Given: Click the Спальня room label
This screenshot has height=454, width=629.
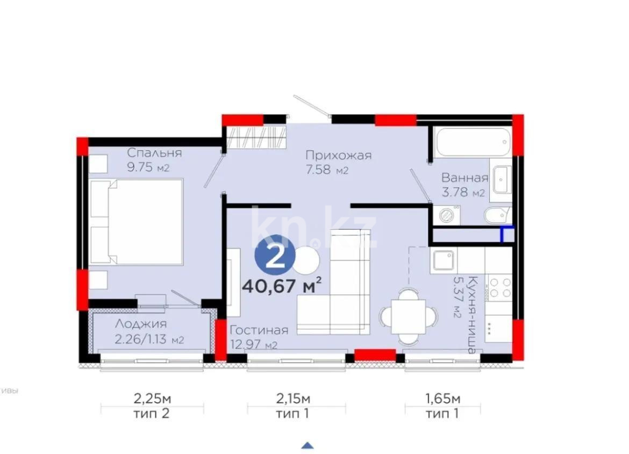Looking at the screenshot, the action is click(154, 153).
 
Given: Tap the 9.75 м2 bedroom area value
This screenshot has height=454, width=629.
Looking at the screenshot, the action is click(148, 167).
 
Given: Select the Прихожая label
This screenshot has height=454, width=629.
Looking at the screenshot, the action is click(339, 155).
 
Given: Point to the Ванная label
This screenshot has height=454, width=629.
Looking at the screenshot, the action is click(465, 178).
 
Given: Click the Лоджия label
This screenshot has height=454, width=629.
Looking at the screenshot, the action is click(141, 324).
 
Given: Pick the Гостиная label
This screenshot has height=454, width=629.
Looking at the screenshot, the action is click(259, 330).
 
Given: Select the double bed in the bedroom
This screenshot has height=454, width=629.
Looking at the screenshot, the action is click(137, 222).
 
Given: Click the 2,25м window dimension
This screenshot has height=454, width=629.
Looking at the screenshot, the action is click(152, 399).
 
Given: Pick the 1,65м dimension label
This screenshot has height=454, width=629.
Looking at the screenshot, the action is click(442, 399).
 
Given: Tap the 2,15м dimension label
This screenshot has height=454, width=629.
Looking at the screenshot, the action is click(293, 399).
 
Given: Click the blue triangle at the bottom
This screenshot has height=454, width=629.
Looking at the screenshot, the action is click(308, 445).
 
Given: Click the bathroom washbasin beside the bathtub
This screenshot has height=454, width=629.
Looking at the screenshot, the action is click(501, 180).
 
